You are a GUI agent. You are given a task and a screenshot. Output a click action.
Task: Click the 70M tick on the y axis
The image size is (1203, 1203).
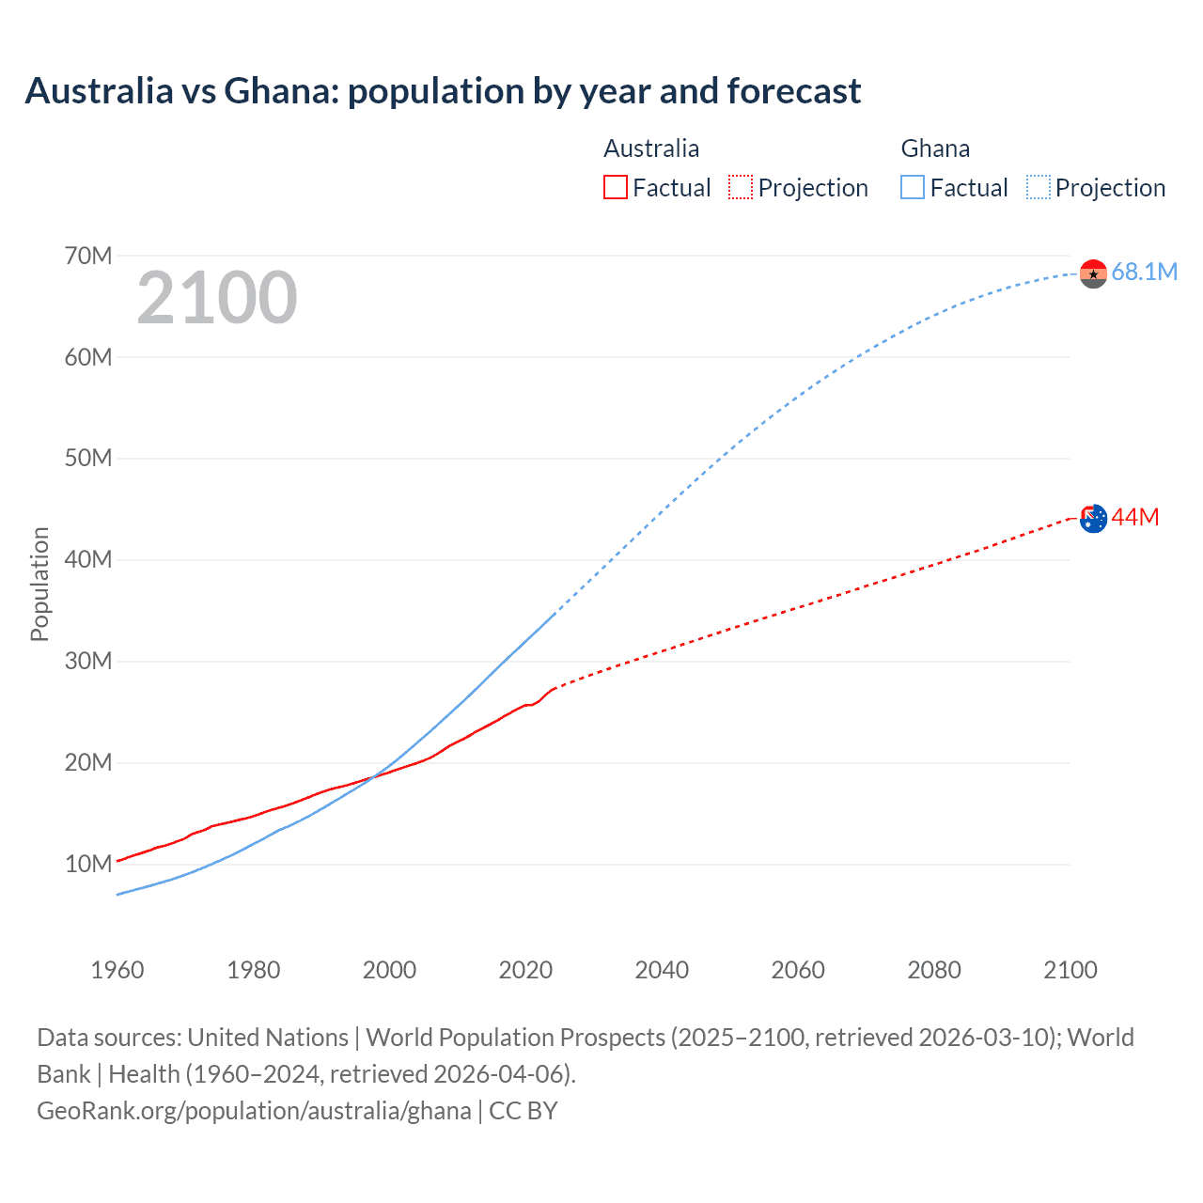(88, 256)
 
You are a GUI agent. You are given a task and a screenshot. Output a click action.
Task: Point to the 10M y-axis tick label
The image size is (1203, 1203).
(88, 864)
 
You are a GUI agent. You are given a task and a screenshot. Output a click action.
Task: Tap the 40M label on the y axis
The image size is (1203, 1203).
(88, 560)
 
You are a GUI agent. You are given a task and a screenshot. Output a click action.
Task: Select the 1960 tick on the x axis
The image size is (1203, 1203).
(117, 970)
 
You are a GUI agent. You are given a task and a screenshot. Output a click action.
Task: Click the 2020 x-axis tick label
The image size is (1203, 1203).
(525, 970)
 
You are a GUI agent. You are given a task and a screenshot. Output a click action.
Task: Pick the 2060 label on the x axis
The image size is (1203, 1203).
(798, 970)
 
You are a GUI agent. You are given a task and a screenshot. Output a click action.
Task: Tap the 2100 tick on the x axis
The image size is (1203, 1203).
(1070, 970)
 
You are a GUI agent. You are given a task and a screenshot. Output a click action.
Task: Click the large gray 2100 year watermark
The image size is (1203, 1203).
(217, 298)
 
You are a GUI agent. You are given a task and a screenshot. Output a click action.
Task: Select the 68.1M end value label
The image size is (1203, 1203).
(1144, 273)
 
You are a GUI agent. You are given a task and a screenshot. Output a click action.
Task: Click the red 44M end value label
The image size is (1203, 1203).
(1135, 518)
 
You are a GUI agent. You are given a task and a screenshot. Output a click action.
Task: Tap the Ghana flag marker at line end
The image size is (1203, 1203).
(1093, 273)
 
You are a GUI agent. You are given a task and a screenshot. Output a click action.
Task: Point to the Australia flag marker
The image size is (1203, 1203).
(1093, 518)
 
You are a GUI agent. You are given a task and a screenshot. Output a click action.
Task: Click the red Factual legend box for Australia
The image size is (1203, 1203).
(615, 188)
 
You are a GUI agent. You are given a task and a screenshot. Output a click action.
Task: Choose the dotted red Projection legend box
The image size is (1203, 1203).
(741, 188)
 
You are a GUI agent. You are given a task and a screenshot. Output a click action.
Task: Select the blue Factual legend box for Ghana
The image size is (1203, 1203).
(913, 188)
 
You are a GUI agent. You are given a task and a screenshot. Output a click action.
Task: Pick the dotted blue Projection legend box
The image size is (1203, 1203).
(1039, 188)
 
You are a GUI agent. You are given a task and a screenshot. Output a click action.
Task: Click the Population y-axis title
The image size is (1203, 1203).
(39, 584)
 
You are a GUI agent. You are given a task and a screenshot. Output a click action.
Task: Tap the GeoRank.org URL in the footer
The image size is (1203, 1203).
(254, 1111)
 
